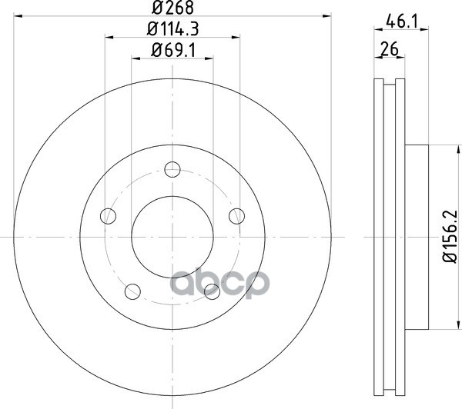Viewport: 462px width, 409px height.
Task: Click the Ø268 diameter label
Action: tap(172, 8)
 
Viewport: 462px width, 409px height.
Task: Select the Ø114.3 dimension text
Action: tap(172, 29)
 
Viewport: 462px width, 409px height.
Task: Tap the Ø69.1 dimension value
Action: tap(173, 50)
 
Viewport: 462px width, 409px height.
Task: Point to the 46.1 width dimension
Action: tap(402, 22)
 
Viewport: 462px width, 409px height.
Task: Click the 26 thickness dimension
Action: tap(389, 49)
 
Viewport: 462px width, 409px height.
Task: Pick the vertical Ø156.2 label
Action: tap(450, 236)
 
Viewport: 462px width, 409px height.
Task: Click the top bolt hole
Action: tap(172, 169)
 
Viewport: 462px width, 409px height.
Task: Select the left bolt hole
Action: tap(108, 216)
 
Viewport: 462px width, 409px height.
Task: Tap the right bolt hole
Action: tap(236, 216)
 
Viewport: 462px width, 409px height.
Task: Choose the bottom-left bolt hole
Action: tap(132, 291)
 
